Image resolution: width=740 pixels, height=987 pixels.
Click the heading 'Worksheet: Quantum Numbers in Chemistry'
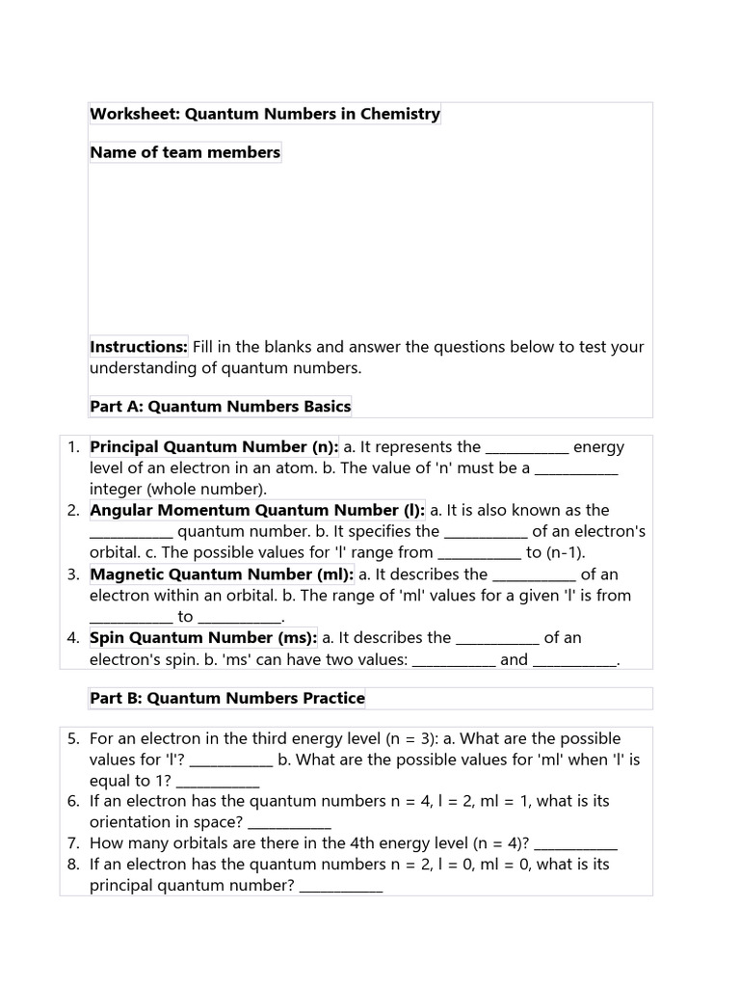point(265,114)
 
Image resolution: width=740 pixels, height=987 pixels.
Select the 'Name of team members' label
point(185,152)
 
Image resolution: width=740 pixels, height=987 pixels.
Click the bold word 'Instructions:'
point(139,347)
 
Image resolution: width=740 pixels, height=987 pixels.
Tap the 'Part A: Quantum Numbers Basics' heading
point(221,407)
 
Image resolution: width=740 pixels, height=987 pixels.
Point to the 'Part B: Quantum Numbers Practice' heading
point(227,698)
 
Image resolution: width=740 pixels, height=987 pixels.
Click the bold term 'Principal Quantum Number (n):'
point(214,447)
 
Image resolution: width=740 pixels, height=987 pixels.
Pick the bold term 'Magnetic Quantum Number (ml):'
point(222,574)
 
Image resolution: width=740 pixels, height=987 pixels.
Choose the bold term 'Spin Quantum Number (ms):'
point(203,638)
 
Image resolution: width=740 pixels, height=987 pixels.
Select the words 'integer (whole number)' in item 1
point(178,490)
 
